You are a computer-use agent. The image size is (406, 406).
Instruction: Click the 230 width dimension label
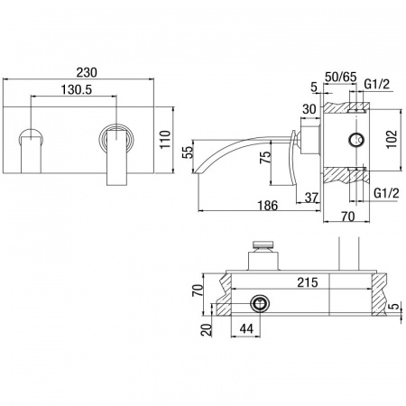(87, 72)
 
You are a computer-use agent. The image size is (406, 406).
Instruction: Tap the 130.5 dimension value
(77, 89)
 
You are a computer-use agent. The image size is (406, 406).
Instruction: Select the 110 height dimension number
(165, 139)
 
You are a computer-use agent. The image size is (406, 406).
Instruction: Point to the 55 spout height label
(187, 152)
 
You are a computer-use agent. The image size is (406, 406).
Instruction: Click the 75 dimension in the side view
(265, 157)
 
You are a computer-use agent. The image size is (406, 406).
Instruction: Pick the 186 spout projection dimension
(268, 206)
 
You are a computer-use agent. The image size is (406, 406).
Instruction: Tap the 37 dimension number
(311, 198)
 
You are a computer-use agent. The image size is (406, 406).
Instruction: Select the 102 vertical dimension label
(392, 139)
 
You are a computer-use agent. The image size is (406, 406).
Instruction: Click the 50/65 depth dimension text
(340, 77)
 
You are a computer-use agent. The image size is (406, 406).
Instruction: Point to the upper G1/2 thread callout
(376, 85)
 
